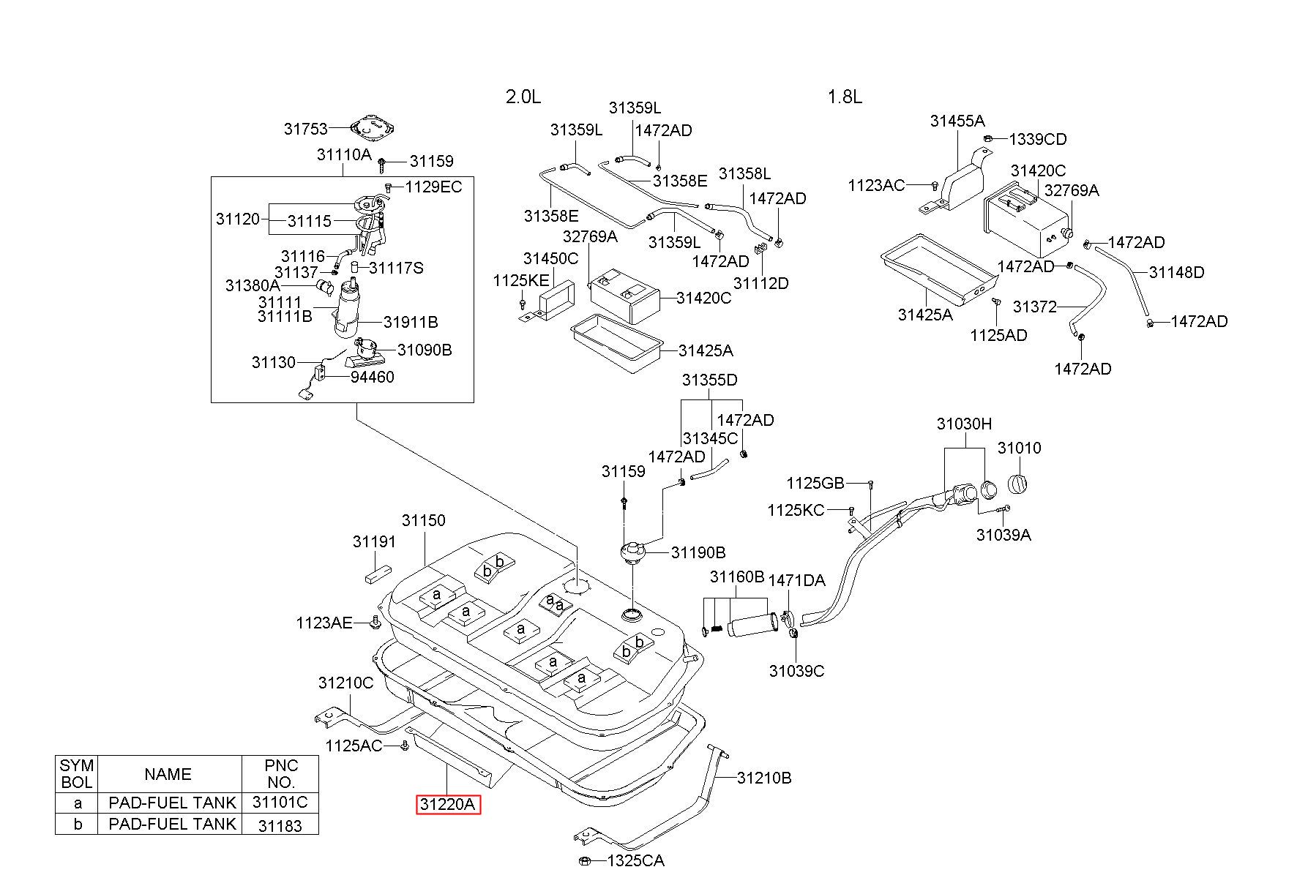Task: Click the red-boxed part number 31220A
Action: (448, 805)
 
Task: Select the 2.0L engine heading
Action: (523, 97)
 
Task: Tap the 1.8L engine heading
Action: (845, 97)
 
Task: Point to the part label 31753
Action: (306, 129)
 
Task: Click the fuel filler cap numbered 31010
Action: (1019, 484)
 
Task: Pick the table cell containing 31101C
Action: (280, 802)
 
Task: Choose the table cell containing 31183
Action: (280, 825)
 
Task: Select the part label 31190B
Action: (698, 552)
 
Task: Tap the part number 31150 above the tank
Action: (423, 520)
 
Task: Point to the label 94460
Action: (372, 377)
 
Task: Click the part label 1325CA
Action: (635, 860)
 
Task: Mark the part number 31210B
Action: (764, 778)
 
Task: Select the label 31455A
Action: (957, 121)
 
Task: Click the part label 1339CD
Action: (1038, 139)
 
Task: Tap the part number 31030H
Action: (964, 424)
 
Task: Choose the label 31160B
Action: (737, 577)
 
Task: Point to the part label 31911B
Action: (411, 322)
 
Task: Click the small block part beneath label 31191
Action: (377, 574)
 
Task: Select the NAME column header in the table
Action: (168, 774)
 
